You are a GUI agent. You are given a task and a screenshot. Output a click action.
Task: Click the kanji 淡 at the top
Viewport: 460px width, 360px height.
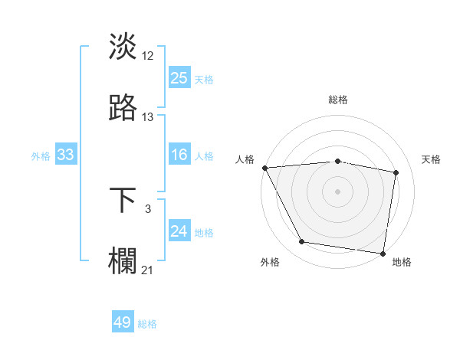(123, 46)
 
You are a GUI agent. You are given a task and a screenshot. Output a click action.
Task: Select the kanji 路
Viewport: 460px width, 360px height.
(123, 109)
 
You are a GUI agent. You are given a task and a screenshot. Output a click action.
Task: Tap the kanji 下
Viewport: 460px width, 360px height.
(123, 201)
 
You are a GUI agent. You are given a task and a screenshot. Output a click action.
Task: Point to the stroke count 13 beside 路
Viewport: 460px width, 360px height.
(148, 117)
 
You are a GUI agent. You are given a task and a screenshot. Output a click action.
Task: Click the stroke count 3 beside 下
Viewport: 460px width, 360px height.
(148, 208)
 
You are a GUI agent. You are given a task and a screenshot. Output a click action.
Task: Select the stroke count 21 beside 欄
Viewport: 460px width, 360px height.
(148, 270)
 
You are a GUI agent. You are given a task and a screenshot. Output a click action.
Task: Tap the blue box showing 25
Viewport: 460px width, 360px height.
(179, 78)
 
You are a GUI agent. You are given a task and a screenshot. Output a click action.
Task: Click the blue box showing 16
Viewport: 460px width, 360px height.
(179, 155)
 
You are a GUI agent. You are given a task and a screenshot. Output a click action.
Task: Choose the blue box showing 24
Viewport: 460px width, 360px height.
(179, 232)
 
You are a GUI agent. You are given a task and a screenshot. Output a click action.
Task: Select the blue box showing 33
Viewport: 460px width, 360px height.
(66, 155)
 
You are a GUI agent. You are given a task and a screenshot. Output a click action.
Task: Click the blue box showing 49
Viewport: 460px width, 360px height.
(123, 323)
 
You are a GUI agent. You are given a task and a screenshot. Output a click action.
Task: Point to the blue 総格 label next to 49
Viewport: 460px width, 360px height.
(147, 324)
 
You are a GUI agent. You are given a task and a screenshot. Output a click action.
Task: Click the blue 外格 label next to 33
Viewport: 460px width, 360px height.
(41, 156)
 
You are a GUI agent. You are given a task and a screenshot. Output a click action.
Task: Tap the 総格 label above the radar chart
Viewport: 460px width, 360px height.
(338, 100)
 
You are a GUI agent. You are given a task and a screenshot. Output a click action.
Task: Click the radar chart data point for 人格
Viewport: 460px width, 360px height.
(264, 168)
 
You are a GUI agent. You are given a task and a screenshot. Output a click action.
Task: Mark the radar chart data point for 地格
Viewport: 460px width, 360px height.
(383, 253)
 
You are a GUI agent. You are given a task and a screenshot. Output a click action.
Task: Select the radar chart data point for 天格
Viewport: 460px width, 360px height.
(396, 172)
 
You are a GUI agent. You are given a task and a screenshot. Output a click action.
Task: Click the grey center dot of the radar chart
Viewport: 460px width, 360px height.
(338, 191)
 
